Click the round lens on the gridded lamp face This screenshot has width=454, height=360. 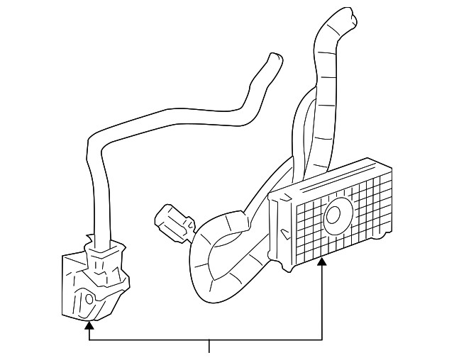tap(338, 214)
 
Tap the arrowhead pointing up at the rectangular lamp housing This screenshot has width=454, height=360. tap(323, 261)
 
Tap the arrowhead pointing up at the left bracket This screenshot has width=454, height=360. tap(89, 325)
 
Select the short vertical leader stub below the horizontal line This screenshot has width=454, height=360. tap(209, 347)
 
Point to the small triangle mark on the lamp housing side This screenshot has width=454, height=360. tap(284, 231)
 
